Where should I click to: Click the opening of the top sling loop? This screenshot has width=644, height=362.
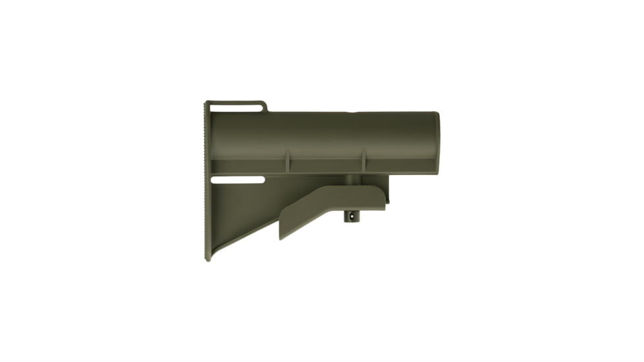pyautogui.click(x=237, y=107)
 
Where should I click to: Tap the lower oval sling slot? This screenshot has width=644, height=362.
pyautogui.click(x=238, y=179)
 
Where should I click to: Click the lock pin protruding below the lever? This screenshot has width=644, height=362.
pyautogui.click(x=353, y=216)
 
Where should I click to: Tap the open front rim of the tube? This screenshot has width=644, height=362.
pyautogui.click(x=437, y=143)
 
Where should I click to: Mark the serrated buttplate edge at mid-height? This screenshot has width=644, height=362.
pyautogui.click(x=206, y=181)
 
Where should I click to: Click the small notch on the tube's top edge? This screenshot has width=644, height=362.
pyautogui.click(x=355, y=112)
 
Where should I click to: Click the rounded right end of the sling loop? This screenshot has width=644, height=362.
pyautogui.click(x=265, y=106)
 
